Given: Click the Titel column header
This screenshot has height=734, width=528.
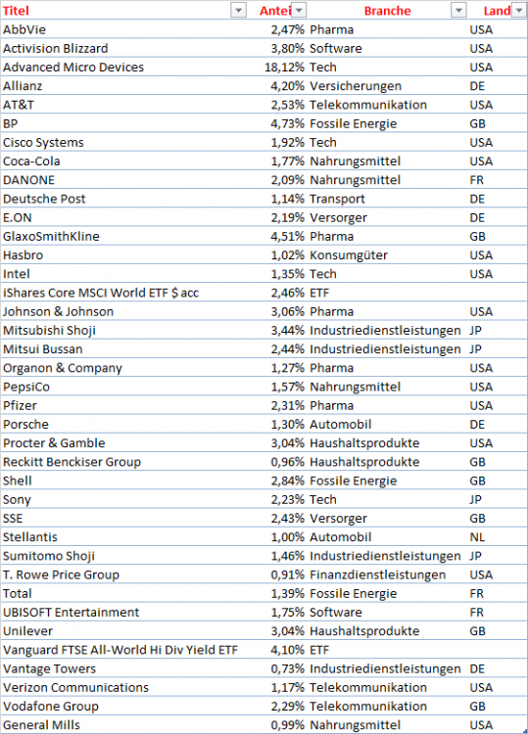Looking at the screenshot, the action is [x=17, y=11].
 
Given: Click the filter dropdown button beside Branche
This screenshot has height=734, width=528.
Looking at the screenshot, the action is [x=457, y=11].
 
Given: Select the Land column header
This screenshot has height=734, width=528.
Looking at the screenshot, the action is [x=496, y=11].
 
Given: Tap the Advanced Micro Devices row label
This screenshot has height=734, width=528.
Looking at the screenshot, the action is [x=72, y=68].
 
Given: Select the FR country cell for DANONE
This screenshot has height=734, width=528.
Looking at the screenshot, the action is [x=477, y=180].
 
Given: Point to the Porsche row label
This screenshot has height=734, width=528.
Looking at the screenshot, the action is [x=25, y=425].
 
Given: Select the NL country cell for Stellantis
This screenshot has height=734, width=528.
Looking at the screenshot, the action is [x=478, y=537].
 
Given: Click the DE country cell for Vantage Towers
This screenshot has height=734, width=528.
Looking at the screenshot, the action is [x=478, y=668].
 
